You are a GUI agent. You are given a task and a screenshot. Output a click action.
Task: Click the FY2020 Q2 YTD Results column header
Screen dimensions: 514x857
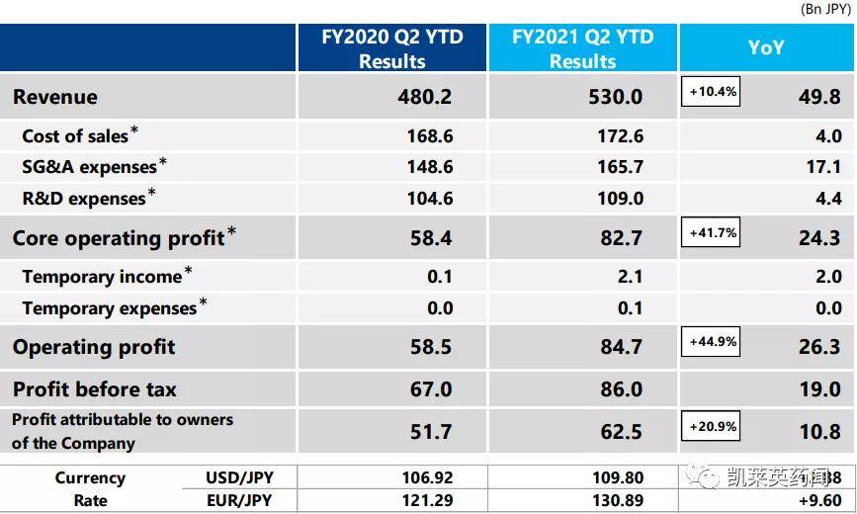pyautogui.click(x=392, y=48)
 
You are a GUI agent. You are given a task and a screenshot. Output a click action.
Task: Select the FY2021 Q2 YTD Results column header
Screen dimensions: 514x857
pyautogui.click(x=582, y=48)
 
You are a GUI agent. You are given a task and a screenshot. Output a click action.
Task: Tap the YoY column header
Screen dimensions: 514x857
pyautogui.click(x=765, y=46)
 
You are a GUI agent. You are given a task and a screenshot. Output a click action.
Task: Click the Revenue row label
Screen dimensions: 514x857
pyautogui.click(x=55, y=97)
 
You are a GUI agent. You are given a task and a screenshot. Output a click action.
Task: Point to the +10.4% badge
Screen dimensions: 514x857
pyautogui.click(x=710, y=92)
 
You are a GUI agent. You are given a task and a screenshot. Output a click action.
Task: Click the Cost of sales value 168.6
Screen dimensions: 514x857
pyautogui.click(x=429, y=136)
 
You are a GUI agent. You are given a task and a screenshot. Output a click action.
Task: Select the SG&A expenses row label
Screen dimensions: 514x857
pyautogui.click(x=89, y=167)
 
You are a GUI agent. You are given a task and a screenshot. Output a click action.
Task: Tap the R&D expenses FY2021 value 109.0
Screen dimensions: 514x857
pyautogui.click(x=620, y=199)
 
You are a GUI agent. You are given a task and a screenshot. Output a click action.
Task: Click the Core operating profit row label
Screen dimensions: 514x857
pyautogui.click(x=118, y=238)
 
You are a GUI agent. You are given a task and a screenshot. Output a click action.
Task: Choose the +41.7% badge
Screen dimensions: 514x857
pyautogui.click(x=710, y=233)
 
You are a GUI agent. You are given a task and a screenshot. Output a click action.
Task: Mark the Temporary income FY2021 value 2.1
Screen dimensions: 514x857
pyautogui.click(x=630, y=277)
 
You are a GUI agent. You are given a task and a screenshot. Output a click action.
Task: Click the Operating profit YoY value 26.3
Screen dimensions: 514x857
pyautogui.click(x=820, y=347)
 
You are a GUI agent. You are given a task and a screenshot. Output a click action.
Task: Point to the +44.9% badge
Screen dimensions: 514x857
pyautogui.click(x=710, y=342)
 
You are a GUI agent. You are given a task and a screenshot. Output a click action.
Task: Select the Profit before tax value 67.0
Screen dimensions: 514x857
pyautogui.click(x=431, y=389)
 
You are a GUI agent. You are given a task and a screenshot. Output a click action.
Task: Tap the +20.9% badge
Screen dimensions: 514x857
pyautogui.click(x=710, y=426)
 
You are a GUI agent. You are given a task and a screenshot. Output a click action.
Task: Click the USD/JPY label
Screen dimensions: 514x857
pyautogui.click(x=236, y=478)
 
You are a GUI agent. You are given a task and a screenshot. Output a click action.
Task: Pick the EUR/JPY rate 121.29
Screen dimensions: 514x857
pyautogui.click(x=428, y=501)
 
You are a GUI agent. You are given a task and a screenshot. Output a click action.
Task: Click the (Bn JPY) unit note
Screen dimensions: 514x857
pyautogui.click(x=827, y=9)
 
